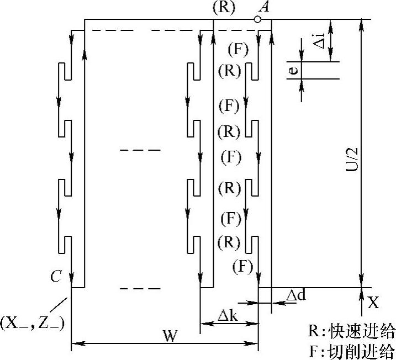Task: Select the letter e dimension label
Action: point(294,70)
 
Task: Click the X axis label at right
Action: point(374,302)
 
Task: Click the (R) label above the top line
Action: point(224,8)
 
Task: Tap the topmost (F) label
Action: point(238,49)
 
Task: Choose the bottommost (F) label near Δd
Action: point(242,267)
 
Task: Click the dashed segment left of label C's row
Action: point(140,289)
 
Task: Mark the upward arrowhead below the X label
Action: point(361,293)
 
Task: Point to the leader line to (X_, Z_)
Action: point(60,305)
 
